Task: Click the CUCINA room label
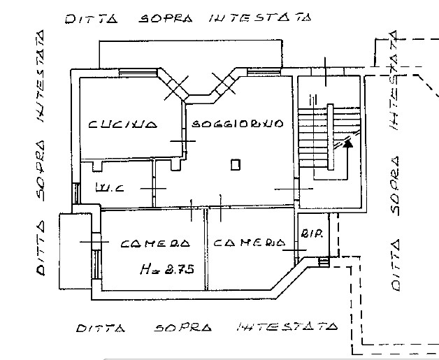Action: point(122,124)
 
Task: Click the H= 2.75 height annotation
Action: point(166,268)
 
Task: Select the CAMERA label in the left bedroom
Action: point(154,244)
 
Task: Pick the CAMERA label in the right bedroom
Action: point(249,243)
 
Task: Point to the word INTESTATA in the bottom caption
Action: point(287,326)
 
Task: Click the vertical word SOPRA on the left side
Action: point(41,170)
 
